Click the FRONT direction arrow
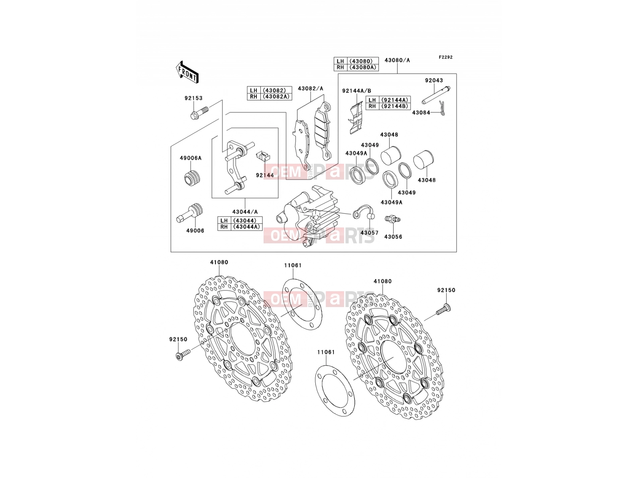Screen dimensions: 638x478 tap(187, 72)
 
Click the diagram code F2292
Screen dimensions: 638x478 tap(445, 57)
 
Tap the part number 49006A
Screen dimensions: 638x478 tap(190, 158)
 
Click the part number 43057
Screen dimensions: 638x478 tap(369, 233)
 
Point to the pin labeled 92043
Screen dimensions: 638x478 tap(436, 95)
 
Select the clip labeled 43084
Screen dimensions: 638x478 tap(442, 108)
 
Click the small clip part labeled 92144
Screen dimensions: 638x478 tap(263, 157)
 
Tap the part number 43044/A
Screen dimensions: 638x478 tap(245, 212)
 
